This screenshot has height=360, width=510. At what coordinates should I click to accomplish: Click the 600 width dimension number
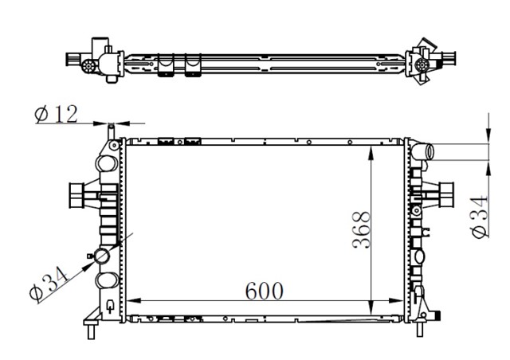pos(264,291)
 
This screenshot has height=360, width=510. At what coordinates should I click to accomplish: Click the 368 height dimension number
pos(361,230)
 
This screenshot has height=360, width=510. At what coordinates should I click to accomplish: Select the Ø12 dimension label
pos(57,114)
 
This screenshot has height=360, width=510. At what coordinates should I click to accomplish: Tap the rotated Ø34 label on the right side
pos(479,217)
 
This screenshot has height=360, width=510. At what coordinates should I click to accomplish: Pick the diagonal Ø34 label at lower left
pos(49,283)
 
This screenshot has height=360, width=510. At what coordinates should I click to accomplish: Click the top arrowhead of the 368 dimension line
pos(371,152)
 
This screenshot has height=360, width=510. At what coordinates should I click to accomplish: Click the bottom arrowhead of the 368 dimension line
pos(371,308)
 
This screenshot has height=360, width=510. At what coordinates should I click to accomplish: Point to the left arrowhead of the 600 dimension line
pos(133,301)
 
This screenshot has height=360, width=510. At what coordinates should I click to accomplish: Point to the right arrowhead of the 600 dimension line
pos(396,301)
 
